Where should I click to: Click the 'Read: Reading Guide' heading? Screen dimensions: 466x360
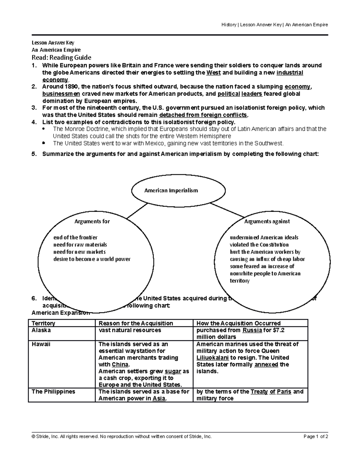coord(61,57)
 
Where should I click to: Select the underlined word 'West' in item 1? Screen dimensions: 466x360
coord(214,73)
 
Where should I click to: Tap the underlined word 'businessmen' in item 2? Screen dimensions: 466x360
coord(61,94)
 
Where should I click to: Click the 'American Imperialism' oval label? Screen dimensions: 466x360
coord(171,191)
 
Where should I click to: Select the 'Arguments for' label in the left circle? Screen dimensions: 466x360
coord(92,221)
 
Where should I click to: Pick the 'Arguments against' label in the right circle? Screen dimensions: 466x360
coord(267,221)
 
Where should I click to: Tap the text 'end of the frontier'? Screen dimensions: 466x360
coord(75,237)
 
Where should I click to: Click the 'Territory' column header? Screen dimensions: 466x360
coord(43,323)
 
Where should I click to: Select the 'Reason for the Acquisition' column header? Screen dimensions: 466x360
coord(136,323)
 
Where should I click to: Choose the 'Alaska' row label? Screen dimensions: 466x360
coord(41,330)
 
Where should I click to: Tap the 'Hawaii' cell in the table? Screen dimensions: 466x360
coord(41,344)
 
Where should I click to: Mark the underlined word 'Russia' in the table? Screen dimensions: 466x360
coord(251,330)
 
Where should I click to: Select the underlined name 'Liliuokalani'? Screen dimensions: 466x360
coord(213,358)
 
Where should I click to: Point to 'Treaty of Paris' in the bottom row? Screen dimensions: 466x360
coord(271,392)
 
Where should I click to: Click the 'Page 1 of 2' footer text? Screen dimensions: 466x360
coord(316,437)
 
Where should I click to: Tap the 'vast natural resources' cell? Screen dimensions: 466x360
coord(130,330)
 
